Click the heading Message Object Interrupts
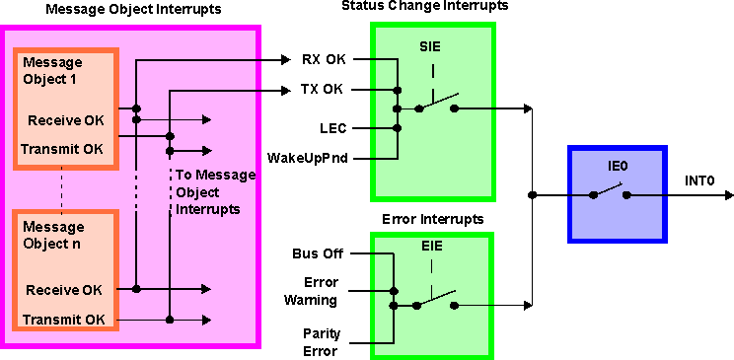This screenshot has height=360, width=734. coord(131,9)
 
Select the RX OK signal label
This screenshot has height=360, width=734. coord(324,59)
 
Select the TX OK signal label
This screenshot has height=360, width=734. coord(324,90)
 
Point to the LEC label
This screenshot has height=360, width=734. coord(331,127)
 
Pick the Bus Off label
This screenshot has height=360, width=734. coord(318,254)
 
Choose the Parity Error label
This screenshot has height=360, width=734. coord(322,341)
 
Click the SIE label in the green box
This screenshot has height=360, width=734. coord(432,45)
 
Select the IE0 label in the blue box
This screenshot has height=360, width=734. coord(618,167)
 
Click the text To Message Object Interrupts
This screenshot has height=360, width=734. coord(214,191)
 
